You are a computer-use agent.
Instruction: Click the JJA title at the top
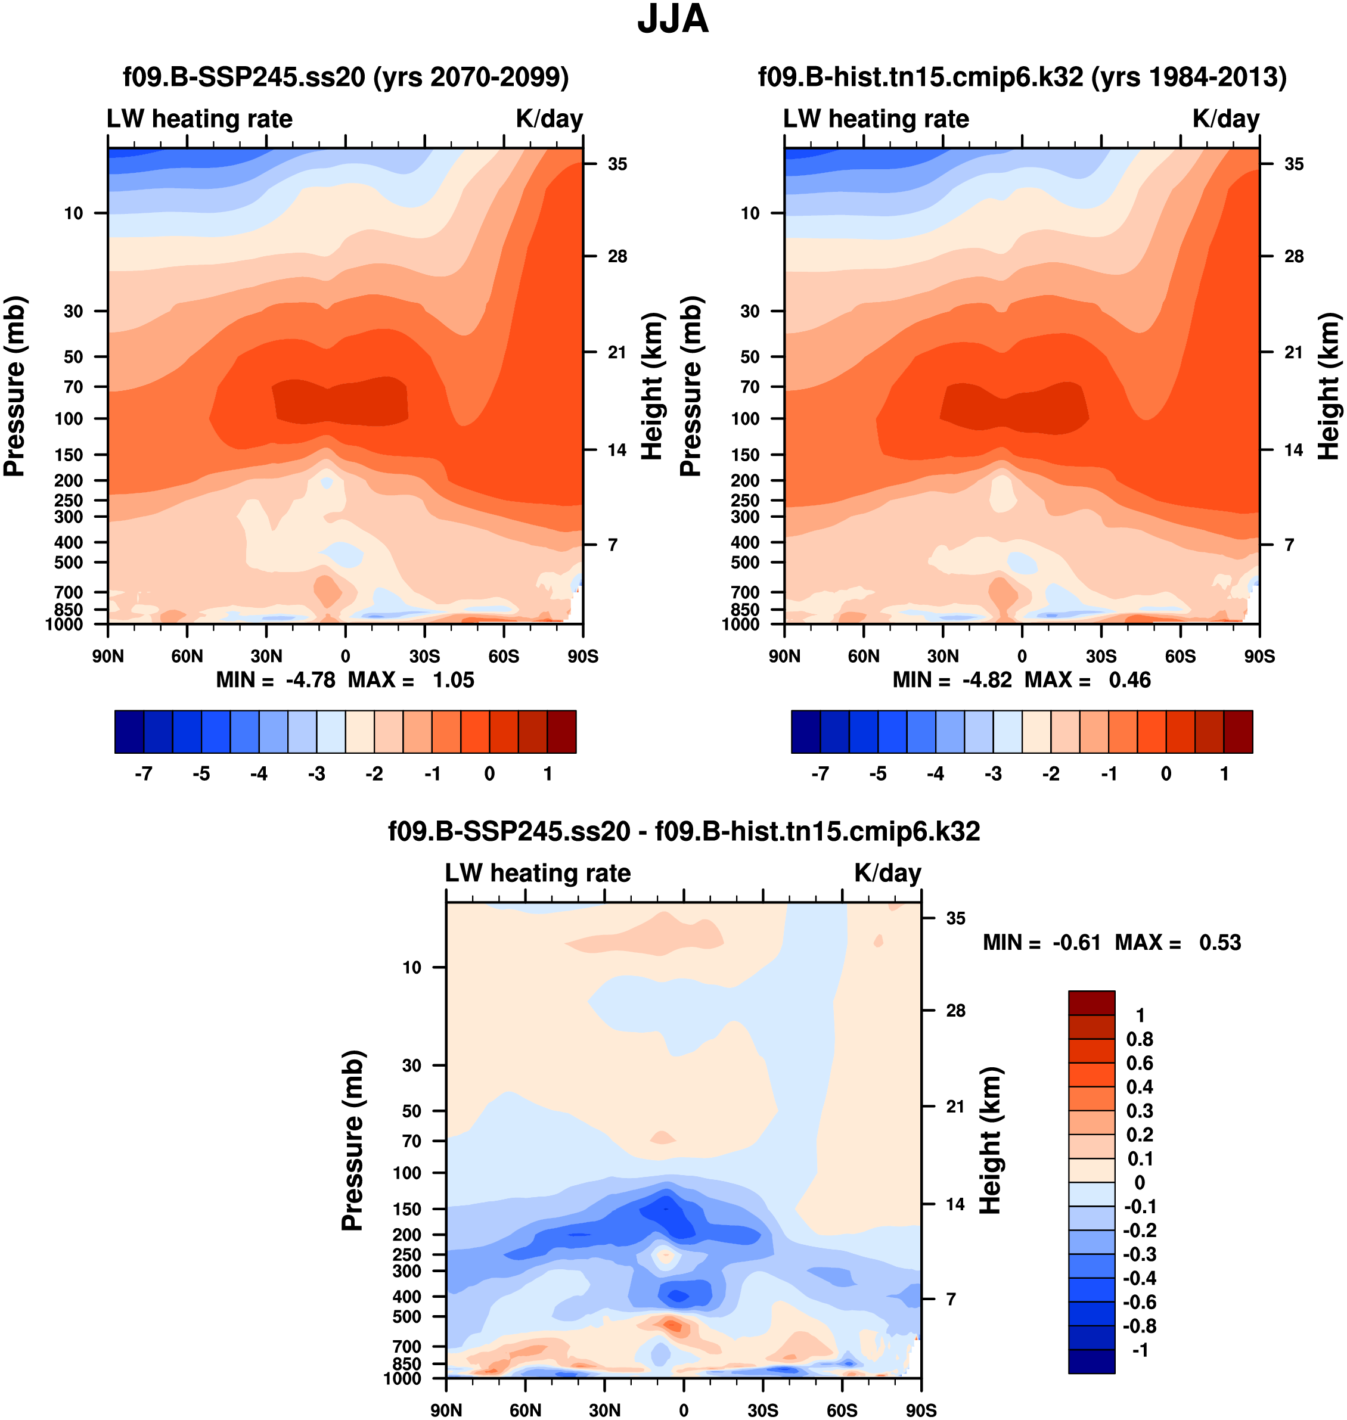[x=673, y=20]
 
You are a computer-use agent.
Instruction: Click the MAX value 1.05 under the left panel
[x=453, y=680]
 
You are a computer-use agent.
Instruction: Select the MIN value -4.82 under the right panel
[x=986, y=680]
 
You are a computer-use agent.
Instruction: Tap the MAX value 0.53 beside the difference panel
[x=1220, y=943]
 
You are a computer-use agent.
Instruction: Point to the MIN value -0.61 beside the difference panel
[x=1076, y=943]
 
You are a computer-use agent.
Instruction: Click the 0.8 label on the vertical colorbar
[x=1140, y=1039]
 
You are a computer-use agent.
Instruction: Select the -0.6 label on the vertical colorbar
[x=1140, y=1302]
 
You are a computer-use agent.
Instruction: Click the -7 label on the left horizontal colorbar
[x=144, y=774]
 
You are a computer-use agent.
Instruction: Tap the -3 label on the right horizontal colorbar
[x=993, y=774]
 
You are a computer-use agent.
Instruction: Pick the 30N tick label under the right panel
[x=943, y=656]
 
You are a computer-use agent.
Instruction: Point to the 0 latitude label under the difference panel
[x=684, y=1410]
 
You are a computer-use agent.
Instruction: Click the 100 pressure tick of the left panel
[x=69, y=418]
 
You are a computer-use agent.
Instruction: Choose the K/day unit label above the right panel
[x=1225, y=119]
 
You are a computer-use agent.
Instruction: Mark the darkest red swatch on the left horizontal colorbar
[x=561, y=732]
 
